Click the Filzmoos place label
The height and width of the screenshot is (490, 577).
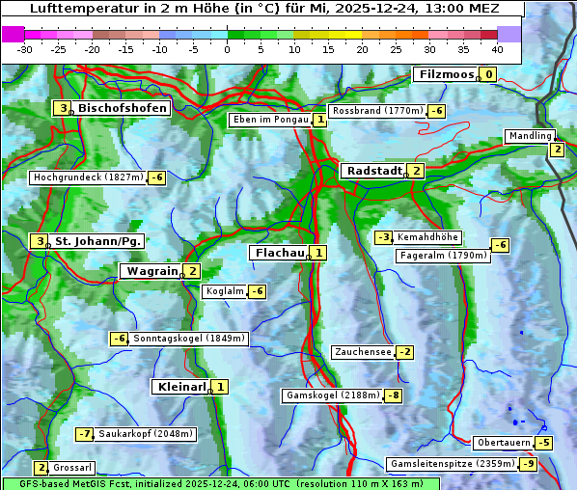(x=445, y=74)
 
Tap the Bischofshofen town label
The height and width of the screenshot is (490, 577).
(x=123, y=108)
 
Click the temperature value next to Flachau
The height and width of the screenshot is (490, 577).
(x=319, y=253)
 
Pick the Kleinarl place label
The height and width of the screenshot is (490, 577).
(x=181, y=387)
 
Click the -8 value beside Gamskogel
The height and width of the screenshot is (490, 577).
(x=394, y=395)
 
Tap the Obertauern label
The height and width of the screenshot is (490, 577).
(x=504, y=443)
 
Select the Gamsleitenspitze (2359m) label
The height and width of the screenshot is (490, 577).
(x=451, y=464)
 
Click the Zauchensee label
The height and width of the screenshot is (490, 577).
(x=363, y=352)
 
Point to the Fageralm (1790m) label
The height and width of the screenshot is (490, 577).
(x=443, y=256)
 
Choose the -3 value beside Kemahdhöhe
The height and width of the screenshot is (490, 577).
(x=383, y=237)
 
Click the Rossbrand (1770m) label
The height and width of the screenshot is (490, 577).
(x=377, y=111)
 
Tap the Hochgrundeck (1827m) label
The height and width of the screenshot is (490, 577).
(x=88, y=177)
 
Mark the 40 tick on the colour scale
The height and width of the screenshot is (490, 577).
(x=497, y=49)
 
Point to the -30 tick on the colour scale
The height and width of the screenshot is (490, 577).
(x=25, y=49)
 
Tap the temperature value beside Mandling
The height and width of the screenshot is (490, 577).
(x=557, y=150)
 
